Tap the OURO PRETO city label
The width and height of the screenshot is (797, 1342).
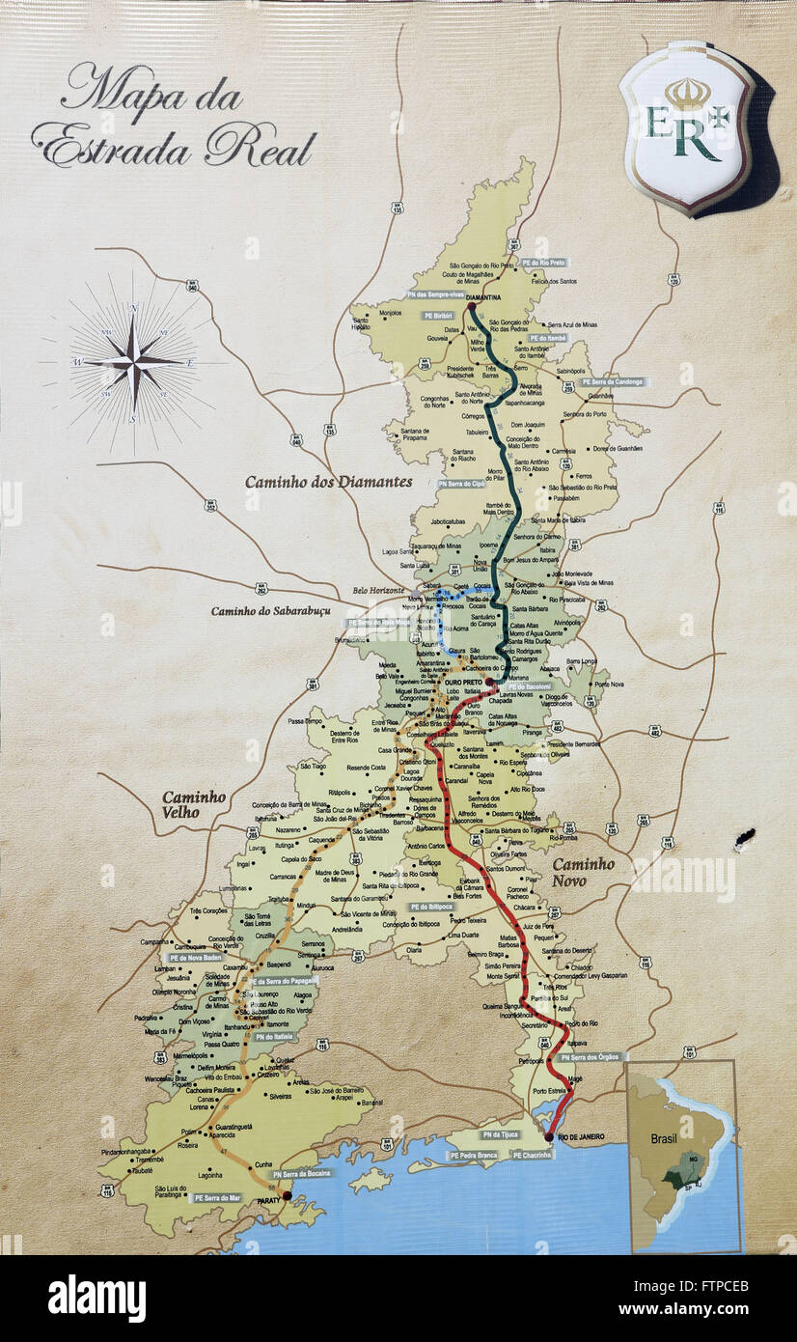[462, 682]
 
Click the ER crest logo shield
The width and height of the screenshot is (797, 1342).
[686, 126]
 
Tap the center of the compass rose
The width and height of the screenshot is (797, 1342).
[134, 362]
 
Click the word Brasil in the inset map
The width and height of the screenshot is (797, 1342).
[664, 1138]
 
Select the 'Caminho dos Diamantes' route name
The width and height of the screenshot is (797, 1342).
[328, 481]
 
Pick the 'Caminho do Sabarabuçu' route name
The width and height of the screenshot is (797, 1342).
[270, 610]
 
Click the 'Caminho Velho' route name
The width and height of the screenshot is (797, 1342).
[193, 804]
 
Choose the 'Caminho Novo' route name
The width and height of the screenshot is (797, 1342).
[583, 873]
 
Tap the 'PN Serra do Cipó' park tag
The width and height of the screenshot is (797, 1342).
[461, 484]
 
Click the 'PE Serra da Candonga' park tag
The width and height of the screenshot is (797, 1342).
[615, 382]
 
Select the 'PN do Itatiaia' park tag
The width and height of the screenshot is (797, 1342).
[270, 1036]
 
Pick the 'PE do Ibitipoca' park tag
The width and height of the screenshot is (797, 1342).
[430, 907]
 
